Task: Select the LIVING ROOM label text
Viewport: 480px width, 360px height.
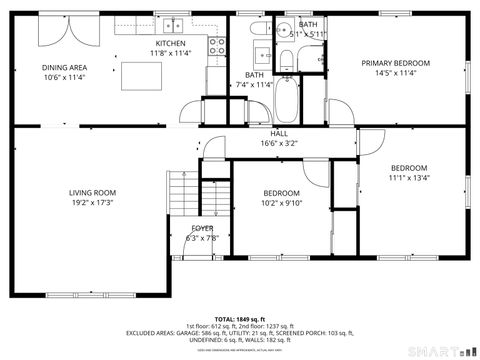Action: (93, 193)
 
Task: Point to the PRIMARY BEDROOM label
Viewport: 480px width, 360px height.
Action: (395, 63)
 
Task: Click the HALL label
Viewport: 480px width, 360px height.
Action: (279, 133)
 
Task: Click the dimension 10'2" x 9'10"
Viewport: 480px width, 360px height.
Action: (281, 203)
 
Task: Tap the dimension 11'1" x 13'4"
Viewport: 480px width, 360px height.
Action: (409, 178)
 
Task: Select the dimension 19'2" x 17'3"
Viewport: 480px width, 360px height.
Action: (93, 203)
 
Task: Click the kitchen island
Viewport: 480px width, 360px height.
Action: (137, 75)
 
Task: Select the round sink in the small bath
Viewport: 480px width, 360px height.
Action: (282, 29)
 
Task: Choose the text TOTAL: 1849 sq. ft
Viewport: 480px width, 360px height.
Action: (239, 318)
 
